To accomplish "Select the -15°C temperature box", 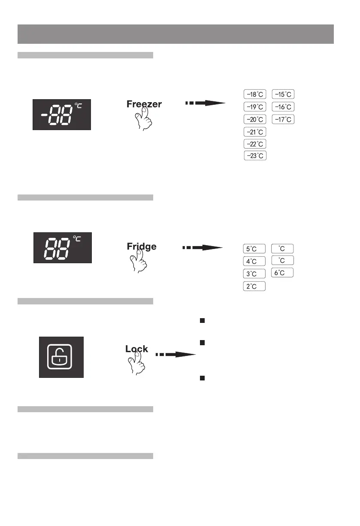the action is tap(284, 94).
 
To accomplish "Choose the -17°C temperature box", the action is tap(284, 119).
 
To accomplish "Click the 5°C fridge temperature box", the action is tap(254, 249).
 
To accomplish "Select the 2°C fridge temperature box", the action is tap(254, 286).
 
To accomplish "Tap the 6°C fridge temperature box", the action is tap(282, 273).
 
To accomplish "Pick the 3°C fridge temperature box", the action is tap(254, 274).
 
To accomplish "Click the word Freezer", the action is tap(144, 104).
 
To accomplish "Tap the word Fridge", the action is tap(142, 246).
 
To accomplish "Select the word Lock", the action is tap(136, 349).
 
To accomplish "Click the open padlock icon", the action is tap(61, 357).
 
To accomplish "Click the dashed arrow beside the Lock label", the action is tap(175, 355).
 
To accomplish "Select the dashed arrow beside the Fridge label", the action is tap(203, 248).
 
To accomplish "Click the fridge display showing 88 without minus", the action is tap(62, 248).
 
